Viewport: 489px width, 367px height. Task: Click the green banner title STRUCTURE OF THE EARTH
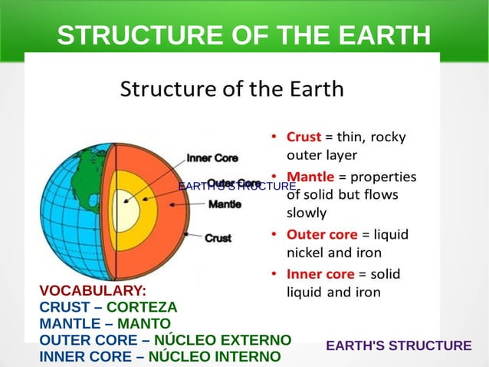(244, 35)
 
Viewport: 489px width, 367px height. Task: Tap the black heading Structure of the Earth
(232, 89)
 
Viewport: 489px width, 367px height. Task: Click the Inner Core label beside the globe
(212, 158)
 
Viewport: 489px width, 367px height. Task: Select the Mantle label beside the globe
(225, 204)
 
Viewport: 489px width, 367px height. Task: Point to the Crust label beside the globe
(218, 238)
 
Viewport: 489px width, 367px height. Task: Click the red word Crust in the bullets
(304, 137)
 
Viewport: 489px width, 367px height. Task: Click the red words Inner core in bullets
(320, 273)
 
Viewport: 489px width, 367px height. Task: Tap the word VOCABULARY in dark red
(93, 291)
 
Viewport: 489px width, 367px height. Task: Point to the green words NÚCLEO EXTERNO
(222, 340)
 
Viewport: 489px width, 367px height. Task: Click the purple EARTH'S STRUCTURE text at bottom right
(399, 346)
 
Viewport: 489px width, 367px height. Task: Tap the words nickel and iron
(333, 252)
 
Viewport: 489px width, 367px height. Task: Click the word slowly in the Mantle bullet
(307, 213)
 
